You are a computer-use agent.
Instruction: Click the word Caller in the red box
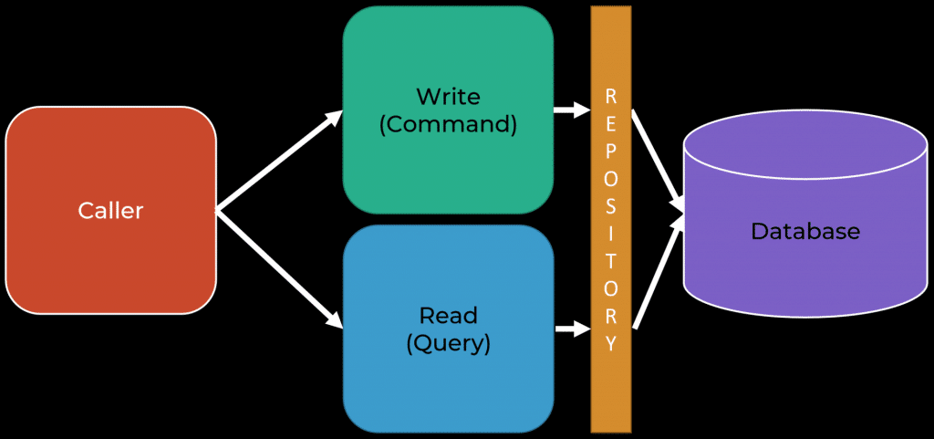tap(110, 210)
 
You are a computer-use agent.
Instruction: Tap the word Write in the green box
tap(447, 96)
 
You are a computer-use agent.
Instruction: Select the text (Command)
tap(448, 126)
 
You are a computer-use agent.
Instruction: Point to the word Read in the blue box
tap(448, 315)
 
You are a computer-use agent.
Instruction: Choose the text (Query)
tap(448, 344)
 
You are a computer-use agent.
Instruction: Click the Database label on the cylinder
tap(805, 231)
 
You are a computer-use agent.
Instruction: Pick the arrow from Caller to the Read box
tap(279, 269)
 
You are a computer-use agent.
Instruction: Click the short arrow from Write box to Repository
tap(572, 110)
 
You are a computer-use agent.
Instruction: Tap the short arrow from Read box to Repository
tap(572, 329)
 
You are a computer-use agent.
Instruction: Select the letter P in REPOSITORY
tap(611, 151)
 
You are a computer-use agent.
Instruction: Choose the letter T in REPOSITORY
tap(611, 260)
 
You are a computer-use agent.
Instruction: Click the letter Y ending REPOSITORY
tap(611, 344)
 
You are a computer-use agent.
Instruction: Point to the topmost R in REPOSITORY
tap(611, 96)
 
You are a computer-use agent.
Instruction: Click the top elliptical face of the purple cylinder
tap(805, 145)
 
